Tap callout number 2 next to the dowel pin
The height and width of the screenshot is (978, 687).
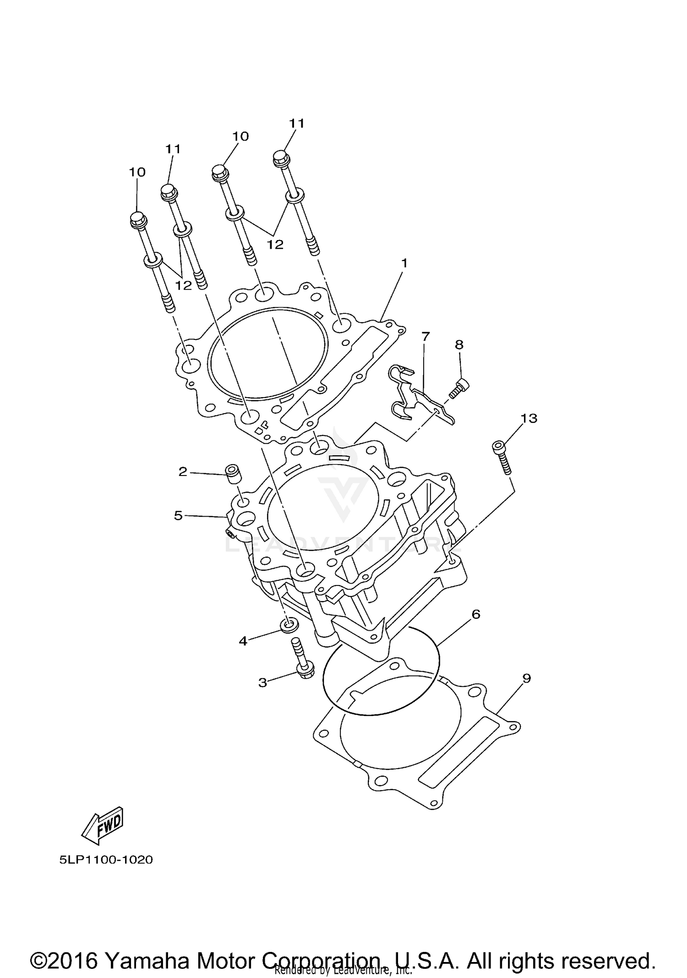click(183, 471)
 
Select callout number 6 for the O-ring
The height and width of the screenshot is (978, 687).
click(476, 614)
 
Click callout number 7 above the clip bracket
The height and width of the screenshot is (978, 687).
click(425, 337)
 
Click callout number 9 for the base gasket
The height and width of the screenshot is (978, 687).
click(526, 678)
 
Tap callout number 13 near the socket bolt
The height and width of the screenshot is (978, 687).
click(529, 418)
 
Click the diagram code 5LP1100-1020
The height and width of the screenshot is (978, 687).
click(106, 859)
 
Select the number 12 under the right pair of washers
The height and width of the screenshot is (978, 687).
click(275, 245)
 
